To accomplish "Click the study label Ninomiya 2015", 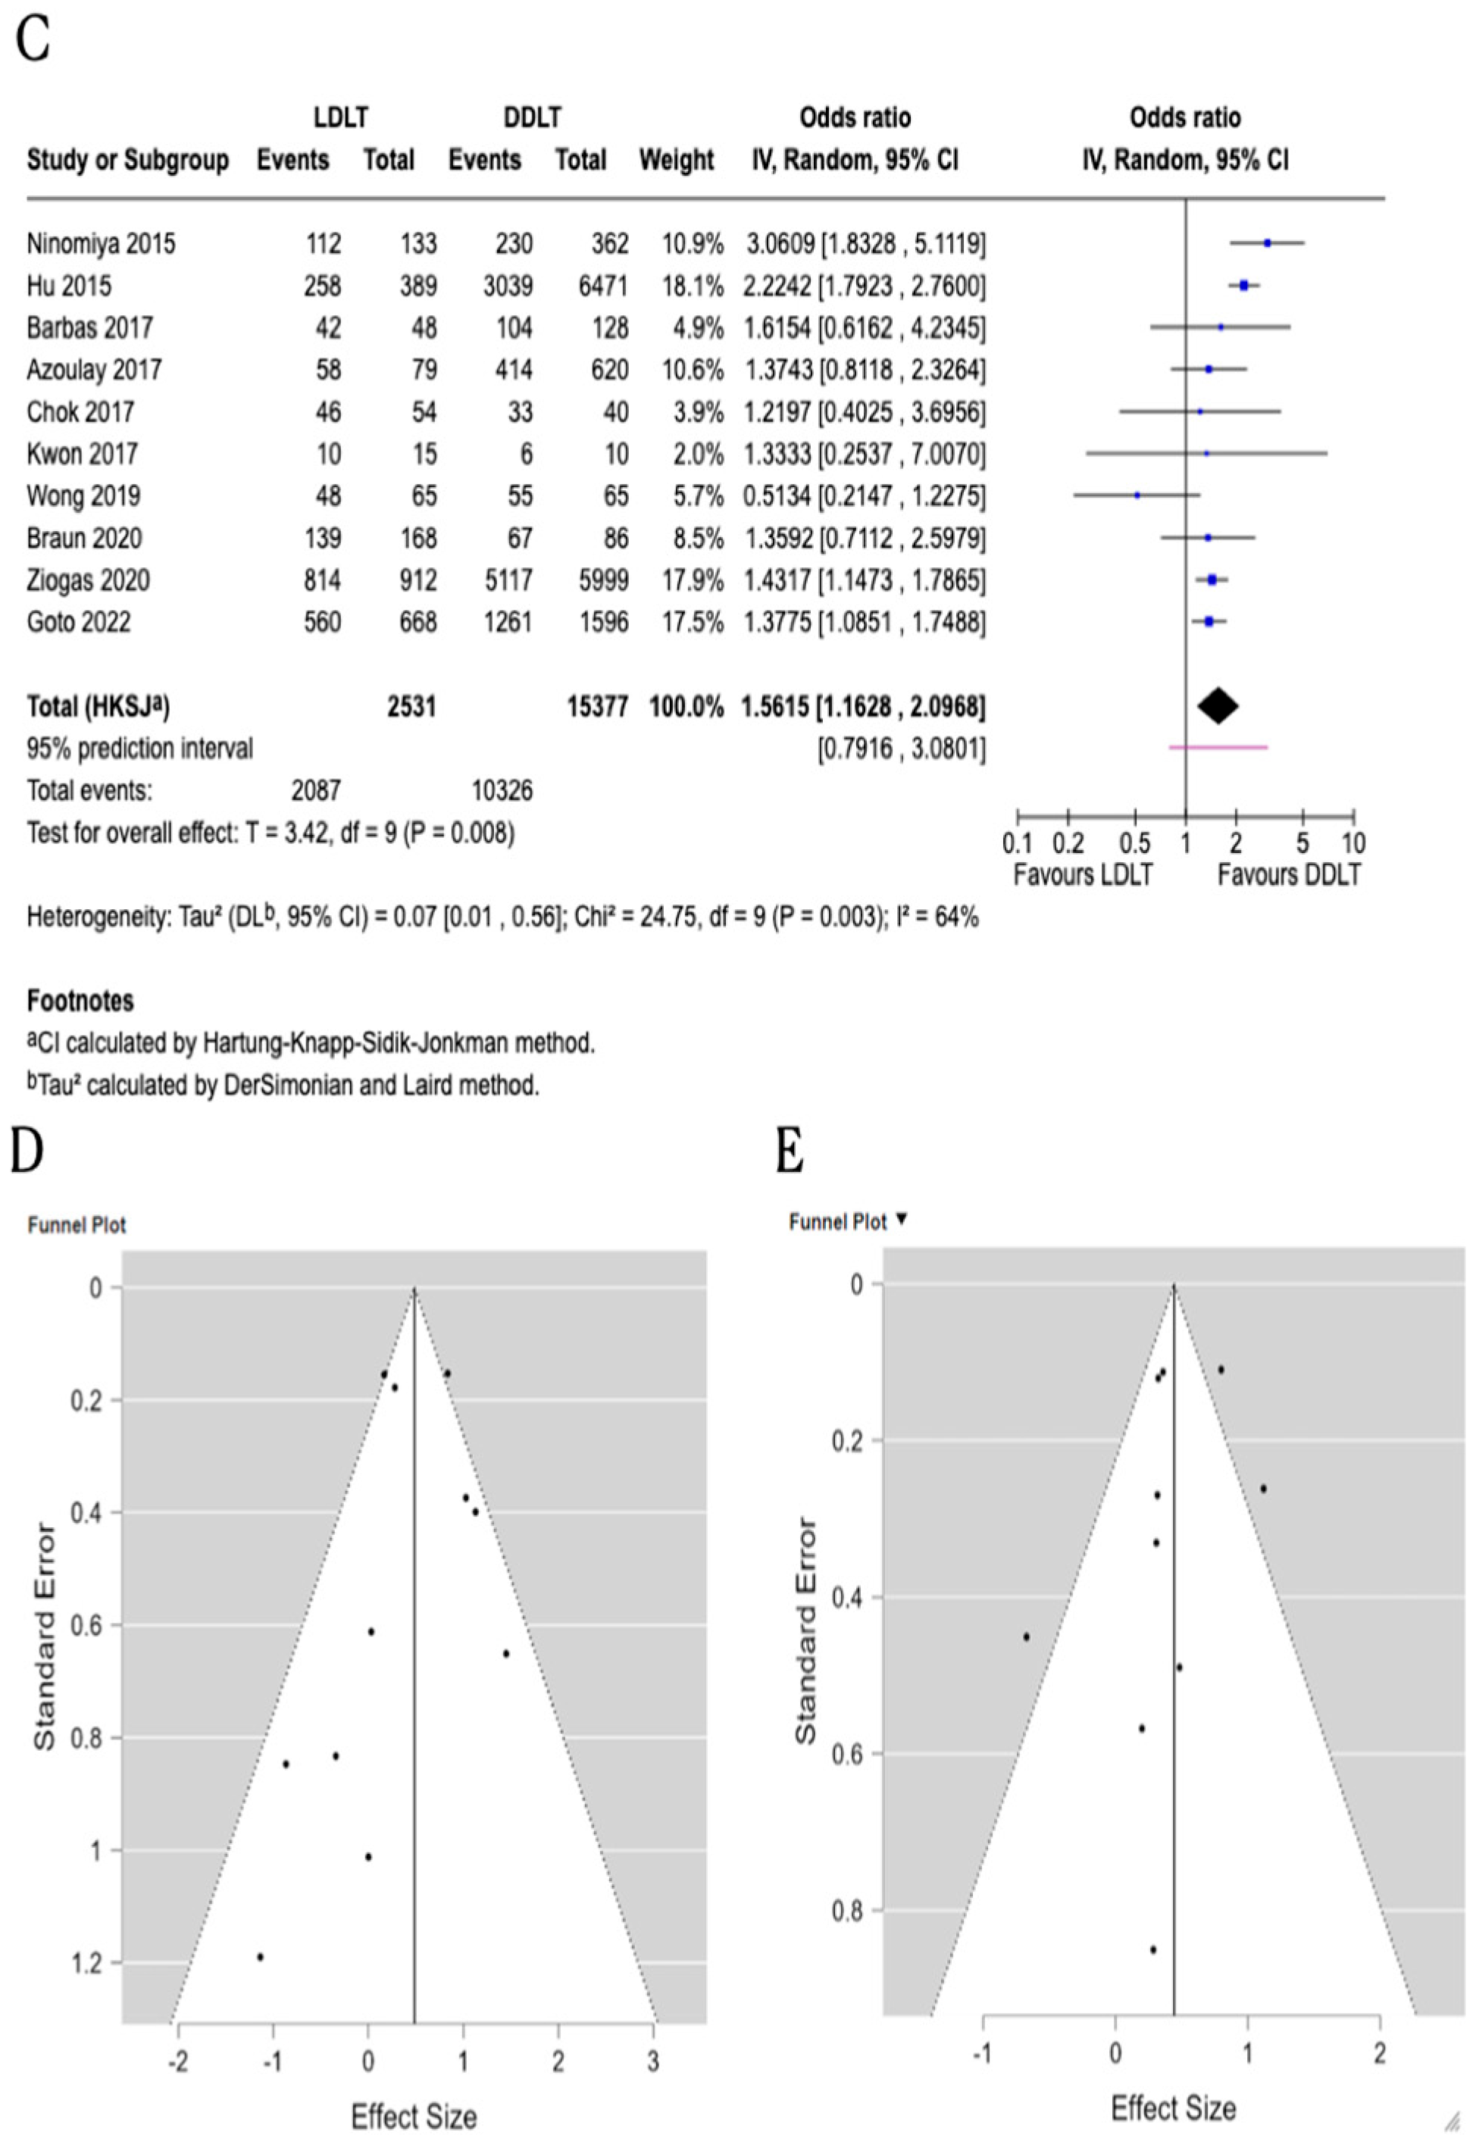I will pos(101,244).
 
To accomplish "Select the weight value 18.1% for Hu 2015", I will pos(693,286).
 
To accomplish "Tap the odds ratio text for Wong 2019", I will pos(864,496).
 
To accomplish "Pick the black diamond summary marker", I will pos(1218,706).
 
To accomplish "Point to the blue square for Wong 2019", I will pos(1137,495).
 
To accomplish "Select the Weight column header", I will pos(676,161).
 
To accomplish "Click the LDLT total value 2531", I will pos(411,707).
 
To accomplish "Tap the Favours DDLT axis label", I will pos(1288,874).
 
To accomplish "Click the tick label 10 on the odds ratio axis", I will pos(1353,844).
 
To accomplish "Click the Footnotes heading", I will pos(80,1001).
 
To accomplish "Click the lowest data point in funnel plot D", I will pos(260,1957).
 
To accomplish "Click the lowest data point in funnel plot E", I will pos(1153,1949).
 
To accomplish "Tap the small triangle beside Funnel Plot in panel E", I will pos(902,1221).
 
